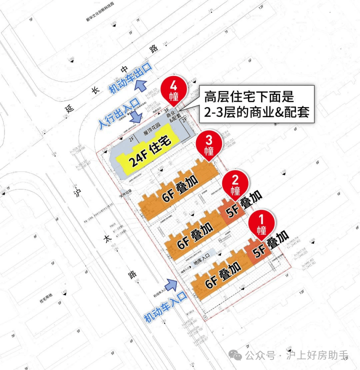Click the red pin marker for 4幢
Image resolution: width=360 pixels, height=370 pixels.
pos(174,90)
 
